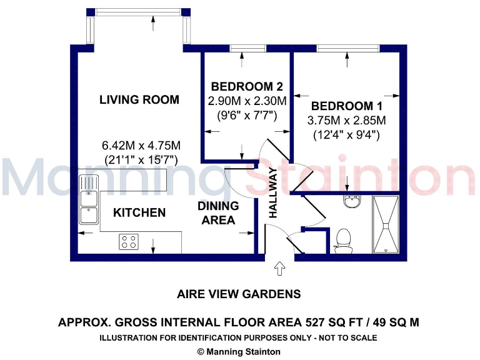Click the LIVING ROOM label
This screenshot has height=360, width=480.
point(139,100)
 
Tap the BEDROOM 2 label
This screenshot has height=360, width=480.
point(242,87)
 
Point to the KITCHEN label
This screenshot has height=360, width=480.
point(139,213)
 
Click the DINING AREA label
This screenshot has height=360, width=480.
point(218,212)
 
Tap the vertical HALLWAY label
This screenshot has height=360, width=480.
point(273,193)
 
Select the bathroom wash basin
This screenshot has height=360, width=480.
point(352,202)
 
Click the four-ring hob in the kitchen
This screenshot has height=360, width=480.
point(129,241)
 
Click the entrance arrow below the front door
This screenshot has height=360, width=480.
point(279,269)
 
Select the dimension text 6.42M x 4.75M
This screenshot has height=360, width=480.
point(141,146)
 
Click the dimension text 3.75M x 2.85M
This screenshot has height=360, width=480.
point(346,121)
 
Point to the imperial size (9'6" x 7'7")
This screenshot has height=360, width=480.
point(242,115)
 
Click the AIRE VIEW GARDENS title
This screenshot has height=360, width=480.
point(239,294)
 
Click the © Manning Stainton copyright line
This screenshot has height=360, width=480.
point(239,352)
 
